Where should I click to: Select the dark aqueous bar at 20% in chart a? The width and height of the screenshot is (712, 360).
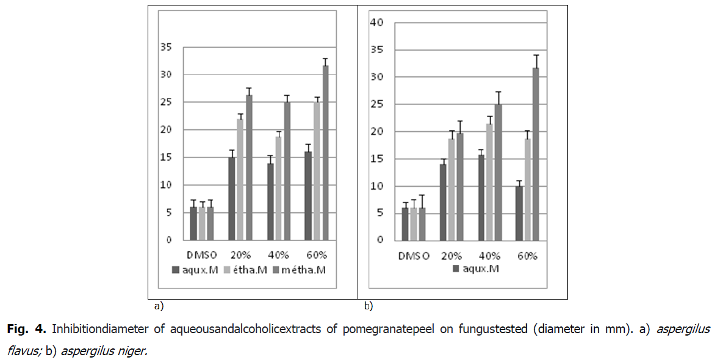click(x=232, y=198)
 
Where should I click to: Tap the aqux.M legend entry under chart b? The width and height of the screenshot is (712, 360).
click(x=476, y=268)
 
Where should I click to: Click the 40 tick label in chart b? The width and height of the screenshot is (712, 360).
click(x=376, y=23)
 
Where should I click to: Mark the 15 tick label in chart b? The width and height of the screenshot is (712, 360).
click(x=376, y=159)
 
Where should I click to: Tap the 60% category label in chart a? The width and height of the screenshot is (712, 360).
click(x=317, y=254)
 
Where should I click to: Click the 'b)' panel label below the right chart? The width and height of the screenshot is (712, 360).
click(x=368, y=304)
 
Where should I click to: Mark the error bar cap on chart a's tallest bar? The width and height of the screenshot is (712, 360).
click(x=325, y=59)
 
